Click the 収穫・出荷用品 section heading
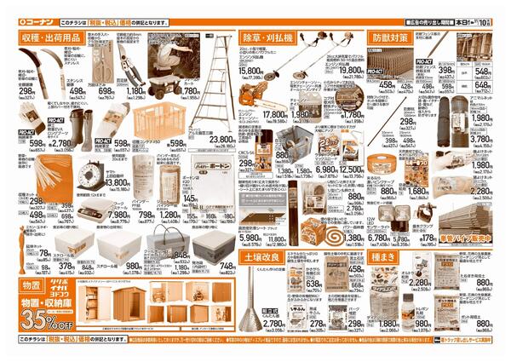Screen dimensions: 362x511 (50, 38)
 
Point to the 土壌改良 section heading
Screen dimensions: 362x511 (261, 256)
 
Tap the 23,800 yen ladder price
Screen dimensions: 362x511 (223, 140)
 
